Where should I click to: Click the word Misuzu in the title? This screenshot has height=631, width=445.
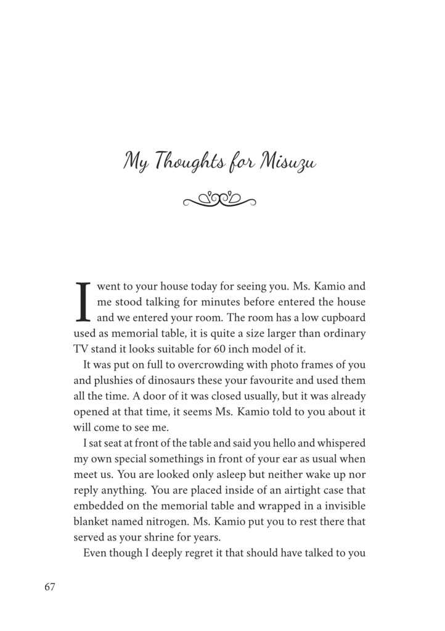tap(289, 163)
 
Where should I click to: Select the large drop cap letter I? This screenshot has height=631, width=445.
tap(83, 302)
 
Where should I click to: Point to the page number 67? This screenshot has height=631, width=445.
tap(50, 587)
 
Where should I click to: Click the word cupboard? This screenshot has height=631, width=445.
tap(342, 318)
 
